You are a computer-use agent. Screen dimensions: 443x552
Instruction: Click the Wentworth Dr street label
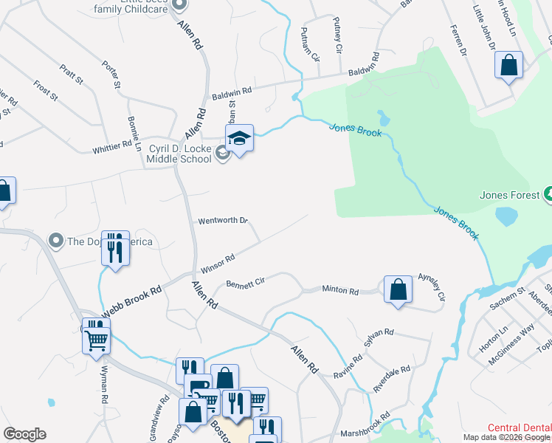221,221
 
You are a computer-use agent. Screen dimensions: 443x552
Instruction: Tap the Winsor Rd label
218,261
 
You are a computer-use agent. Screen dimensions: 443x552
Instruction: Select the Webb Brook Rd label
131,302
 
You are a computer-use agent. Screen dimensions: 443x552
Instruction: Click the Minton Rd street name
339,290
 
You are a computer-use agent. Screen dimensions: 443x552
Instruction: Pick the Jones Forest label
506,196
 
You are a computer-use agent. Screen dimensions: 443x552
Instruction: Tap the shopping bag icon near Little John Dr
509,66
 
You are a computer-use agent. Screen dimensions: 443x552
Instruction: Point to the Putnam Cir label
310,44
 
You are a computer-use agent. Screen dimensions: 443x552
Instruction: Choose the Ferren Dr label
458,41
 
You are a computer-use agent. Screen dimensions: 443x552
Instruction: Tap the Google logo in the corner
24,434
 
